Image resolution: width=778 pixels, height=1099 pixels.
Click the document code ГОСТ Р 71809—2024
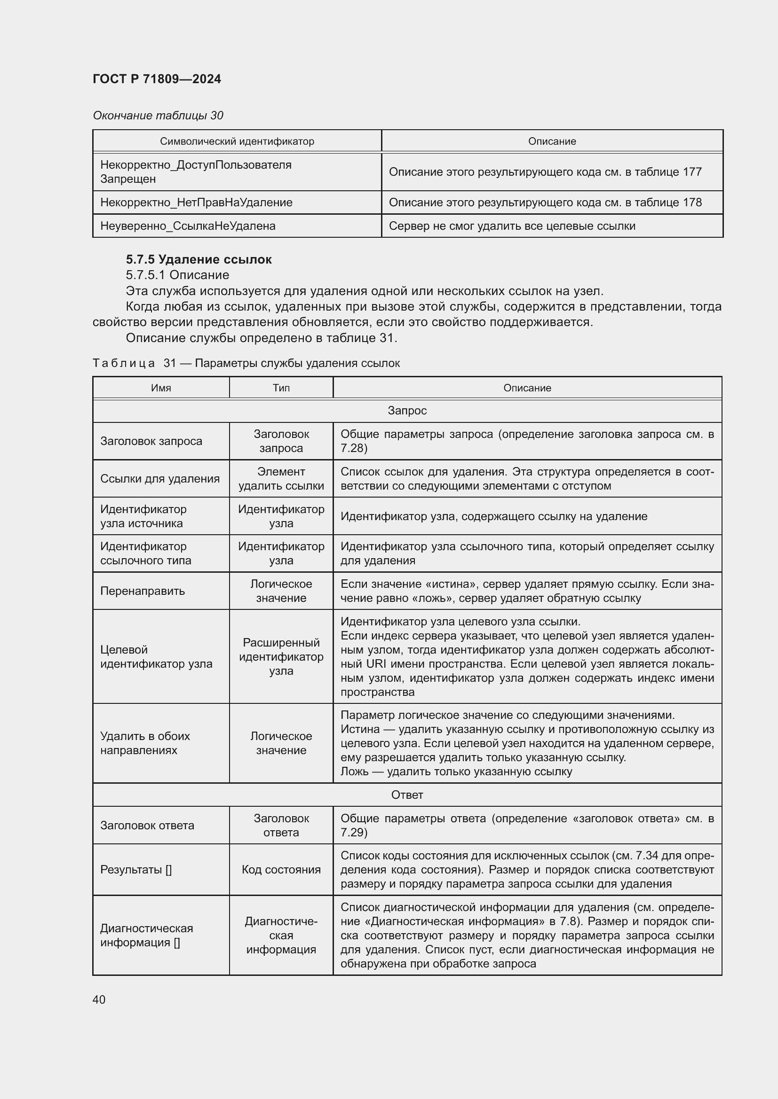[157, 79]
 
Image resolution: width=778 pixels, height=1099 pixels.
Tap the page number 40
[99, 999]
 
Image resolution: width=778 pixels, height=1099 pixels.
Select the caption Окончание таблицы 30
[158, 116]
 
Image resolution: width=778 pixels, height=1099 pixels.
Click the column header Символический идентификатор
[237, 141]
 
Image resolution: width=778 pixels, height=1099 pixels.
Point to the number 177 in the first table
[692, 172]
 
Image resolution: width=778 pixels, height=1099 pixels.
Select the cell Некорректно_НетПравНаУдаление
[196, 203]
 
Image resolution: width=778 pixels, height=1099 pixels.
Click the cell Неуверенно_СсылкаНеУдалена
[188, 226]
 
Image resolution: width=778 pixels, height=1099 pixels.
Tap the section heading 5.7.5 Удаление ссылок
[198, 259]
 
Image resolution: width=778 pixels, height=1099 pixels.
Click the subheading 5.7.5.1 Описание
[177, 275]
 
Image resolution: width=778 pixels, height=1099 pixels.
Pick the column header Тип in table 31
[281, 388]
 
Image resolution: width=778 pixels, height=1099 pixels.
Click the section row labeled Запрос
[407, 411]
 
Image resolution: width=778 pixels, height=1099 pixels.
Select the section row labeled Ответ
[407, 795]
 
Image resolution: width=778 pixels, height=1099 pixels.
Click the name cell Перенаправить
[142, 591]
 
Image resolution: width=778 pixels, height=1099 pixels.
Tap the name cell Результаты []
[135, 869]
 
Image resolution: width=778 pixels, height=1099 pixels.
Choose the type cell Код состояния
[281, 869]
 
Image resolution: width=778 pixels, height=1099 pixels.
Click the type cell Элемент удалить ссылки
[281, 479]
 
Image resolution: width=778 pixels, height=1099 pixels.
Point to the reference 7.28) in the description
[354, 448]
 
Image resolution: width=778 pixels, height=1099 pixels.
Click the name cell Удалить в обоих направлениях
[145, 743]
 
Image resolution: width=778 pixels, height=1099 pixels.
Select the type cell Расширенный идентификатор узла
[281, 656]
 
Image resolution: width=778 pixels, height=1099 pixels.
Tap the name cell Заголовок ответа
[147, 825]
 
